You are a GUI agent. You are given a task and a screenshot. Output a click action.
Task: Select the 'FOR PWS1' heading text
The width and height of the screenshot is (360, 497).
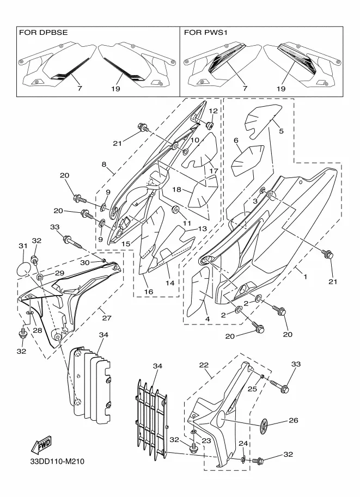tap(205, 33)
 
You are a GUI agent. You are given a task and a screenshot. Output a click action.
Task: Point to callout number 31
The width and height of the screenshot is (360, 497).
tap(22, 247)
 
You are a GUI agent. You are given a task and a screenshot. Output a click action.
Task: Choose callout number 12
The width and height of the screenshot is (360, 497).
tap(213, 111)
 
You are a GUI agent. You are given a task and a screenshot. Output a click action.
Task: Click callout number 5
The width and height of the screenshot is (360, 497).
tap(282, 131)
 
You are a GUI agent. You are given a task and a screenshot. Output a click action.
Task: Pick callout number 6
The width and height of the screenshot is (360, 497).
tap(236, 141)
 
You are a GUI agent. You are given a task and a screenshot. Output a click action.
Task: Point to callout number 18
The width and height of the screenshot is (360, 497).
tap(176, 189)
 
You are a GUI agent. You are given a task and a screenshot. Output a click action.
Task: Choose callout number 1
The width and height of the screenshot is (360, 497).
tap(305, 277)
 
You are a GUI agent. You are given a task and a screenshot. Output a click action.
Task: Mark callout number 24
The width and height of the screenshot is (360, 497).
tap(242, 444)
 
